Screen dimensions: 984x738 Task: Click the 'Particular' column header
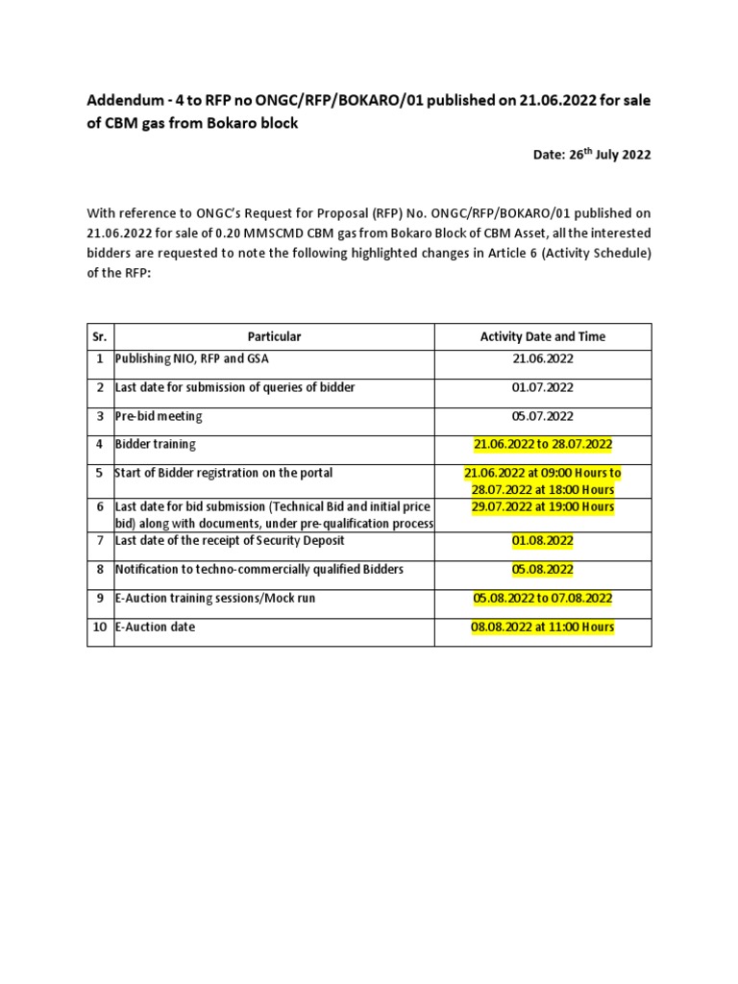click(x=274, y=336)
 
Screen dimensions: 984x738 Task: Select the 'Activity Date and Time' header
click(x=542, y=336)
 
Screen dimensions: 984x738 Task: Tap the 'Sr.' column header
click(x=100, y=336)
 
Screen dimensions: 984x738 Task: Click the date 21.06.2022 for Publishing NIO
click(x=542, y=358)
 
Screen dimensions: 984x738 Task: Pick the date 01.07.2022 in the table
click(x=542, y=387)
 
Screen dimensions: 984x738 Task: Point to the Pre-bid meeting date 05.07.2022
click(x=542, y=416)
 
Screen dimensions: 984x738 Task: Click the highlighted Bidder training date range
click(x=542, y=445)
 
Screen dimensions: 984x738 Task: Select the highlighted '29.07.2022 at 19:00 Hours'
click(x=542, y=506)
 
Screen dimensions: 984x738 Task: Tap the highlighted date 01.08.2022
click(x=542, y=541)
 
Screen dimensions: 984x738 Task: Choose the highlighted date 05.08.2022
click(x=542, y=570)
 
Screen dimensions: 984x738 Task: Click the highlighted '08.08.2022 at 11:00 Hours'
click(x=542, y=627)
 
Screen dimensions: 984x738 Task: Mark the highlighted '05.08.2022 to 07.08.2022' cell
click(x=542, y=599)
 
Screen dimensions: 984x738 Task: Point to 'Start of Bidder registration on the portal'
click(x=223, y=473)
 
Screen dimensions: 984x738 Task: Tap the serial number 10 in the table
click(x=100, y=627)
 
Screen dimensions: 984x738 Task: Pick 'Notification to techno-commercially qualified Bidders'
click(x=258, y=570)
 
